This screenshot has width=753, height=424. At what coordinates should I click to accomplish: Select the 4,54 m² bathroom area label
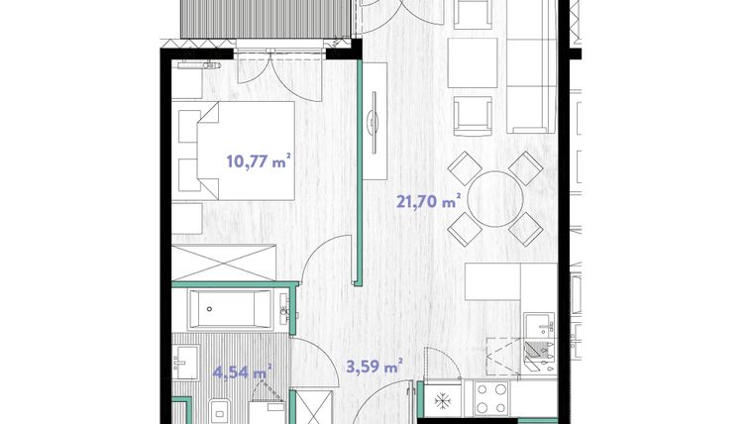242,372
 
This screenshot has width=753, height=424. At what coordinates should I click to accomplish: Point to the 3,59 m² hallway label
372,366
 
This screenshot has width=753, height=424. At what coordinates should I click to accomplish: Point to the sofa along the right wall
531,69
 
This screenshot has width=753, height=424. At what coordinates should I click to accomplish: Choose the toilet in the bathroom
218,409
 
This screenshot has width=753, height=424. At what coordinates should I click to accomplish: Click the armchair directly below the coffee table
473,115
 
